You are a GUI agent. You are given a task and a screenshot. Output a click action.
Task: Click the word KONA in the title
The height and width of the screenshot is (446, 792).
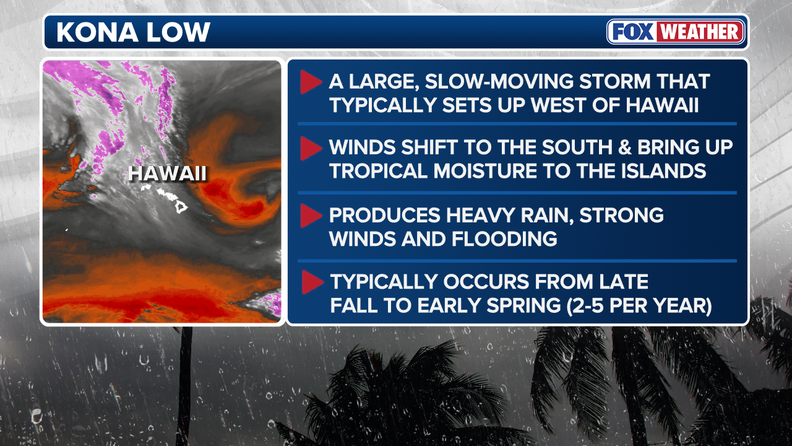(x=97, y=32)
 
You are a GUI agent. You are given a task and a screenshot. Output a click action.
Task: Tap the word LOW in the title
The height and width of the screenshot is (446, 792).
(x=179, y=32)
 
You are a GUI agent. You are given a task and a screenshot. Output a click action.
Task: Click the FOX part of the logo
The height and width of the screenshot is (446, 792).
(x=633, y=32)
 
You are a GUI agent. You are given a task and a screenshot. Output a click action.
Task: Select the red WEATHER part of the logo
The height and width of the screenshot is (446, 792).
(x=700, y=32)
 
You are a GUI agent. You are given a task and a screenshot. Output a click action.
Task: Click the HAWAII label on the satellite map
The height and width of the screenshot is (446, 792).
(x=167, y=173)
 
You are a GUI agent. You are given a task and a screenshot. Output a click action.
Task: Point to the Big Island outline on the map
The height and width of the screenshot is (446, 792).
(x=181, y=207)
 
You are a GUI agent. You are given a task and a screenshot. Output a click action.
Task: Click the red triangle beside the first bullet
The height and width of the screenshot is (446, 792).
(x=311, y=82)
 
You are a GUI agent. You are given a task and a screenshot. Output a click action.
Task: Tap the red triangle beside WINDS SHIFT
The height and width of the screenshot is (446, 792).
(x=311, y=148)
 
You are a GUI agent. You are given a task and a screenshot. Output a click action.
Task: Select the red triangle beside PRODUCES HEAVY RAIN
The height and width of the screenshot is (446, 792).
(x=311, y=216)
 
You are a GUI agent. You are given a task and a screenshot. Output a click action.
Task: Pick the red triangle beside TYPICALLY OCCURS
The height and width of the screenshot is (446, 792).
(x=312, y=282)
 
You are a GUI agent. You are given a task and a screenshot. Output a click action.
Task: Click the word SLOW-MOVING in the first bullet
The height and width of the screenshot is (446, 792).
(x=499, y=81)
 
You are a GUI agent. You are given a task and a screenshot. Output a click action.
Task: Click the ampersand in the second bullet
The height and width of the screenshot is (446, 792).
(x=625, y=147)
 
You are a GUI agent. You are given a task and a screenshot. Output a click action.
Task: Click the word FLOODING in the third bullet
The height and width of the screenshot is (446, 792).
(x=504, y=239)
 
